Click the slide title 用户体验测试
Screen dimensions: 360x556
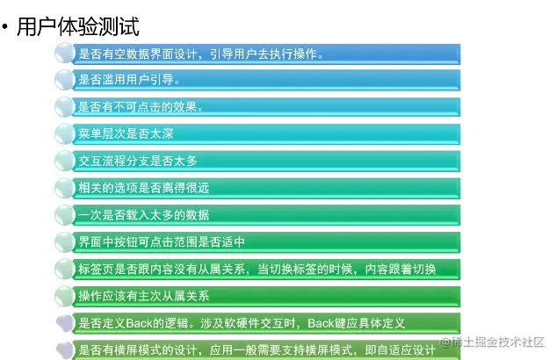click(x=78, y=26)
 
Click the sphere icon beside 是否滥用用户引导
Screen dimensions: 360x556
click(x=65, y=80)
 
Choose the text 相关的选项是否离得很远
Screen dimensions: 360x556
click(x=143, y=188)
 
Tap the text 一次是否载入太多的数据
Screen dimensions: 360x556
click(x=143, y=215)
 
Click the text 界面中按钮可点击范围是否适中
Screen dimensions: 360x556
click(x=161, y=241)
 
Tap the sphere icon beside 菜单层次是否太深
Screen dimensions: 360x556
click(x=65, y=134)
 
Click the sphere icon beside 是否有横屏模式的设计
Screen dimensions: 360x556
click(x=65, y=350)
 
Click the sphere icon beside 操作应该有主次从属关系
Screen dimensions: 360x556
click(x=65, y=296)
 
